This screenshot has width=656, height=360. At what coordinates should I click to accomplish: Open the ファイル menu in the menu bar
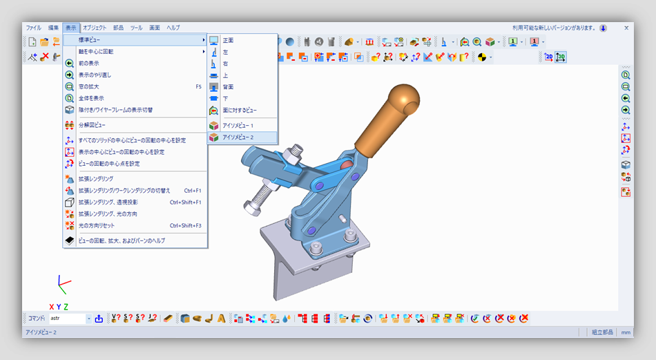click(33, 28)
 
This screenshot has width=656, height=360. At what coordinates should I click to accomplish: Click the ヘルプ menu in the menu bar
click(173, 28)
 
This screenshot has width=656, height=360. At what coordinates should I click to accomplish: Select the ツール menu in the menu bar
click(136, 28)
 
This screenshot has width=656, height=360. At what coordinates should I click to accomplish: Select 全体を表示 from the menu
click(90, 98)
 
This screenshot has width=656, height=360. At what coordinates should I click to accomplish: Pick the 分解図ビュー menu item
click(91, 125)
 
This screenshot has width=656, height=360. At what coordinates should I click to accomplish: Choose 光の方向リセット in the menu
click(96, 225)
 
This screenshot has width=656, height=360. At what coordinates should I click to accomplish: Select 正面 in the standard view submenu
click(228, 40)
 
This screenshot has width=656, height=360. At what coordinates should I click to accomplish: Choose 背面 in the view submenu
click(228, 87)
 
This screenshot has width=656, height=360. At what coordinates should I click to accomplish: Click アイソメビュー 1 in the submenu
click(238, 126)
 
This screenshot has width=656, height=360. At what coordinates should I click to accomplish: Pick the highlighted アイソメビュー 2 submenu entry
click(238, 138)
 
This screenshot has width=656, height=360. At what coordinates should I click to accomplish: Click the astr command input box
click(67, 319)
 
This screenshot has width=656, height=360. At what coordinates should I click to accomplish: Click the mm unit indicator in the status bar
click(626, 332)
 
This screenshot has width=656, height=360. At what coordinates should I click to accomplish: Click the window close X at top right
click(626, 28)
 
